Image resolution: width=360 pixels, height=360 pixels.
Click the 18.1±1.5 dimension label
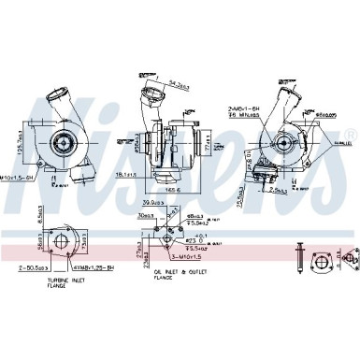127,175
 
